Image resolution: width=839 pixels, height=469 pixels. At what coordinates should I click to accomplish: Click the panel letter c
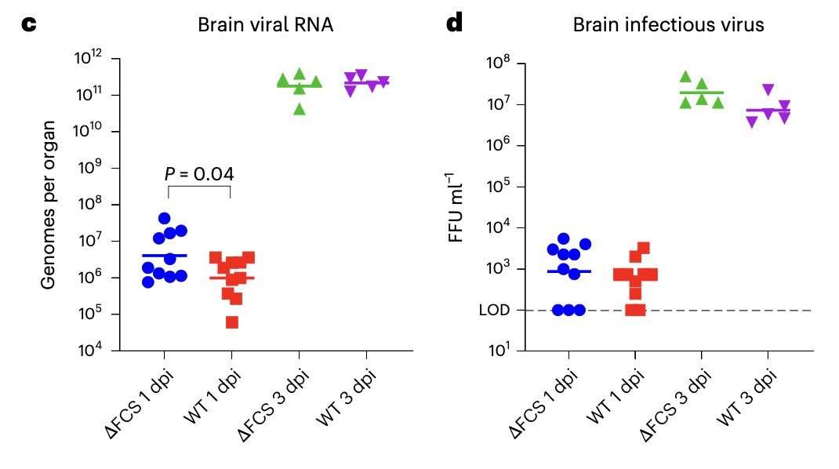(x=28, y=24)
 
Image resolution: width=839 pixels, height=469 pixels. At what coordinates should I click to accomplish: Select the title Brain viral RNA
(x=265, y=25)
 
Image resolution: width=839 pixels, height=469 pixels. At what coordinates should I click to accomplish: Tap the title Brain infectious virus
(x=668, y=25)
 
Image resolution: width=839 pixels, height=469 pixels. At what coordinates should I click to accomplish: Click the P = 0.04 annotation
(x=199, y=173)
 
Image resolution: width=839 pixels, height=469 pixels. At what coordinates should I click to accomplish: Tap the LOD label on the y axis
(x=494, y=310)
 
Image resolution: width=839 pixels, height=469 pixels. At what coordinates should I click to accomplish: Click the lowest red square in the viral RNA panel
(x=232, y=322)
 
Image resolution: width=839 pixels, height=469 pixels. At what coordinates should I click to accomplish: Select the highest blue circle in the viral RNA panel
(x=164, y=218)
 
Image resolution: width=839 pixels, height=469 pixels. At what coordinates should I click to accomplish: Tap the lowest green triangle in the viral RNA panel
(x=300, y=109)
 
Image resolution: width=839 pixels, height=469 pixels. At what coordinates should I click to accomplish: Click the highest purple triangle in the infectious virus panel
(x=768, y=89)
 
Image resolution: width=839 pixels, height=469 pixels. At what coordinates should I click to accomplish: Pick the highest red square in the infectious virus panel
(x=644, y=248)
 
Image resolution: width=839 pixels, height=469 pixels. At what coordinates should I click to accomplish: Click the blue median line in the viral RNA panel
(x=165, y=256)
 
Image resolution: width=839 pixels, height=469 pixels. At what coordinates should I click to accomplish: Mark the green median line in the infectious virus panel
(x=700, y=93)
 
